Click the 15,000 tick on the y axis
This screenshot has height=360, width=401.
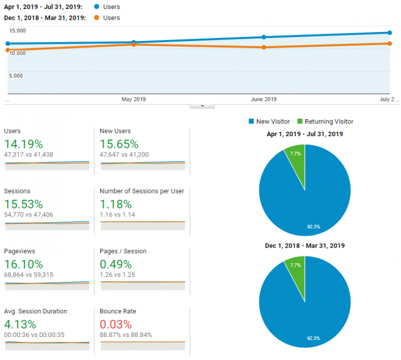(x=17, y=31)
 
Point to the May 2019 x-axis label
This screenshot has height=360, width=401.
(x=133, y=100)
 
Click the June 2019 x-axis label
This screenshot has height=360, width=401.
(x=263, y=100)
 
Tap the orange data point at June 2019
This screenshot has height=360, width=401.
(x=264, y=47)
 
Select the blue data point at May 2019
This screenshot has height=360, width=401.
(x=133, y=42)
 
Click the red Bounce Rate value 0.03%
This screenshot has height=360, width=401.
(x=115, y=324)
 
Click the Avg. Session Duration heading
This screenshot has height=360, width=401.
(x=35, y=311)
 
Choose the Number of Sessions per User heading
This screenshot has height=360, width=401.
(x=141, y=191)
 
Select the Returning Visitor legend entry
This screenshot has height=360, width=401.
(x=325, y=121)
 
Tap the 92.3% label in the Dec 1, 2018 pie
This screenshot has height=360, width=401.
(x=314, y=338)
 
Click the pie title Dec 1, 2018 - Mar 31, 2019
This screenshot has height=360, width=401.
(x=305, y=246)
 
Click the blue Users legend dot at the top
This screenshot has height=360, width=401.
(x=97, y=7)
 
